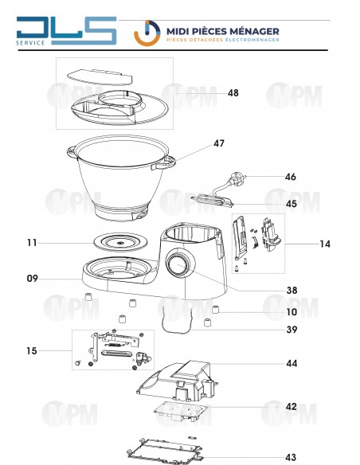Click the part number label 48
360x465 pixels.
[x=233, y=93]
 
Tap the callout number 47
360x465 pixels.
[x=219, y=144]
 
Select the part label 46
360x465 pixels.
[x=291, y=177]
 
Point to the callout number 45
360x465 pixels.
[x=291, y=204]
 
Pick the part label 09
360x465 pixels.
[x=33, y=279]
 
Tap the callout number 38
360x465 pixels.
[x=291, y=291]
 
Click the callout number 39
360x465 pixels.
[x=291, y=330]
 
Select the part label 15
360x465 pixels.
[x=33, y=350]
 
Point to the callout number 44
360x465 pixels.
[x=291, y=363]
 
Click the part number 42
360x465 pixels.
[x=291, y=406]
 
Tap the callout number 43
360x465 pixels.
[x=291, y=457]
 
